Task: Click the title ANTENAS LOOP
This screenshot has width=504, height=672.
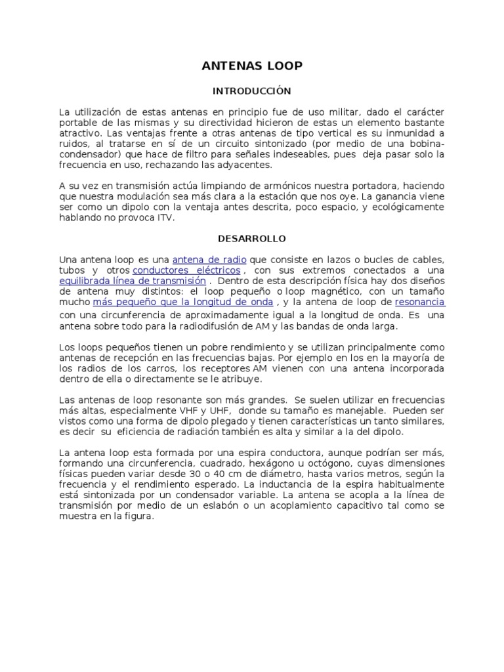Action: (x=252, y=66)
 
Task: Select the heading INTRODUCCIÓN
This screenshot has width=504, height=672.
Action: (x=252, y=91)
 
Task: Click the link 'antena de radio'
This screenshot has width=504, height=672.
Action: (x=209, y=259)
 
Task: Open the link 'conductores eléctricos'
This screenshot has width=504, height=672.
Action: (x=188, y=270)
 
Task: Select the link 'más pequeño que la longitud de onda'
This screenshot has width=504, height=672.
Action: (x=183, y=302)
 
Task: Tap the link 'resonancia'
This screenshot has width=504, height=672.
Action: (x=420, y=302)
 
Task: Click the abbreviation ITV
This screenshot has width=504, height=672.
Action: (x=165, y=217)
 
